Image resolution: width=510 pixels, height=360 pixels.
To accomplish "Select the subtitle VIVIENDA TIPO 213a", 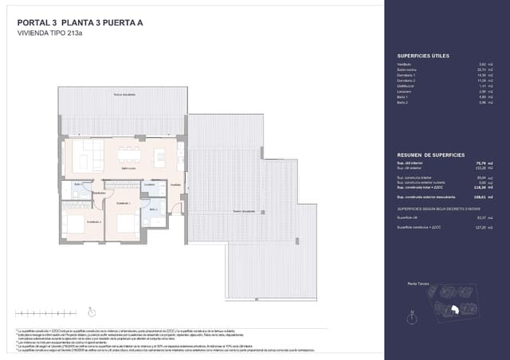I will coord(53,34).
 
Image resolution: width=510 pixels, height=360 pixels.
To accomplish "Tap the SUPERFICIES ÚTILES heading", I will coord(423,56).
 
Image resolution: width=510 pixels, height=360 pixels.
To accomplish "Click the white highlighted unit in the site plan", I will coord(454,309).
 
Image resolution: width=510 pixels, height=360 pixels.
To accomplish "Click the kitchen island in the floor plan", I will coord(160,155).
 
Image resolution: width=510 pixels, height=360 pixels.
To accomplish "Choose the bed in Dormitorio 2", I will coord(76,225).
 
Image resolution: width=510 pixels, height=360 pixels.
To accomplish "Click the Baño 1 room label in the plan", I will coord(78,185).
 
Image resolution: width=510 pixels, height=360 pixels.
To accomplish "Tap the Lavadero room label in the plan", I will coord(149,184).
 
